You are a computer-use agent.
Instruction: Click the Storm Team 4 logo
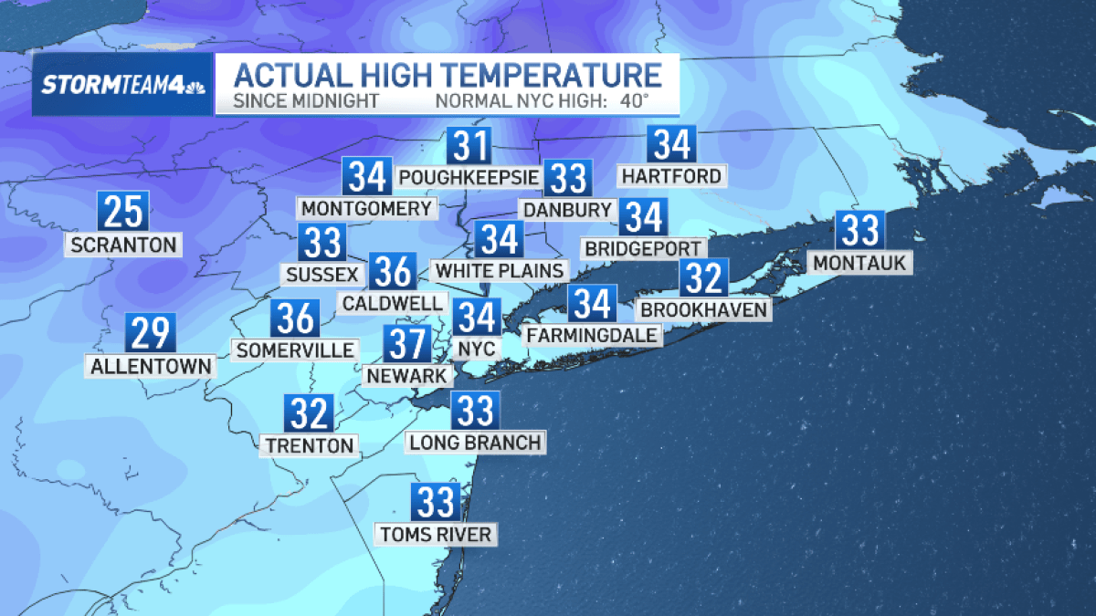click(121, 85)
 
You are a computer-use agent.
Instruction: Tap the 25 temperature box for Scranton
click(122, 211)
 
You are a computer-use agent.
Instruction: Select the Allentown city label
click(152, 367)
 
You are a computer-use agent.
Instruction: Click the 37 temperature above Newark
click(406, 343)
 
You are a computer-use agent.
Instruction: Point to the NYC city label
click(477, 349)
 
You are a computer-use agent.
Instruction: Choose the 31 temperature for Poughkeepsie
click(469, 146)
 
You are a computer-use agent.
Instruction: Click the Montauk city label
click(859, 263)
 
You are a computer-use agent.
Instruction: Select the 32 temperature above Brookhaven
click(703, 277)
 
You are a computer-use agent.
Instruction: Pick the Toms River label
click(437, 534)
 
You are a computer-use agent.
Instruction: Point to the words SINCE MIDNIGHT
click(306, 100)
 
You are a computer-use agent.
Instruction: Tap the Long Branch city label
click(475, 443)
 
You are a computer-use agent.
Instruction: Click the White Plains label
click(499, 270)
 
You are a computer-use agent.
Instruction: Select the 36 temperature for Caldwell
click(393, 271)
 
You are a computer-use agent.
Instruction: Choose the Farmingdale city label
click(592, 335)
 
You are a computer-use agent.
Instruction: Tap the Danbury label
click(566, 210)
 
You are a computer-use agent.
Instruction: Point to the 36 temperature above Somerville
click(295, 318)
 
